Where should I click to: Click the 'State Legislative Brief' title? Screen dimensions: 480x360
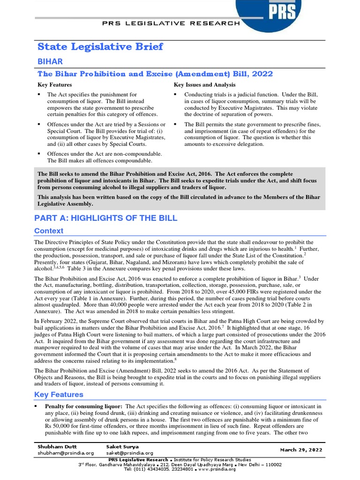click(x=100, y=46)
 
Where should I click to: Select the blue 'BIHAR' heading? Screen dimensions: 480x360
click(x=50, y=61)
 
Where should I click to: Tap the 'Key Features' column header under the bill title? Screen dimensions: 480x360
click(x=55, y=85)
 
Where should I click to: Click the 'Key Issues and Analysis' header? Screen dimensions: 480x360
click(x=204, y=85)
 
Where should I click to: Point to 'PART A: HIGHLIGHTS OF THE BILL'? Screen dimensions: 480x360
click(x=106, y=218)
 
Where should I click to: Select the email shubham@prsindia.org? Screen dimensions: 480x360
click(x=66, y=453)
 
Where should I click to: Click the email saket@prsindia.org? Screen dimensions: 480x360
click(x=130, y=453)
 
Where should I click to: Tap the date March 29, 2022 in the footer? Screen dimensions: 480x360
click(x=301, y=450)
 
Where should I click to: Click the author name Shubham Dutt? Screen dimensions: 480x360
click(x=58, y=447)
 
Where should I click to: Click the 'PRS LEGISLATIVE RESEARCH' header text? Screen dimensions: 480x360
click(x=172, y=23)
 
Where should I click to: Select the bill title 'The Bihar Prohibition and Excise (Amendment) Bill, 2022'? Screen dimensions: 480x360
click(x=155, y=74)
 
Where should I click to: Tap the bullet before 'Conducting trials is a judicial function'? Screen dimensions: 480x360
click(x=175, y=95)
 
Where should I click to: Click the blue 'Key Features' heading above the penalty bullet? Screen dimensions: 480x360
click(x=59, y=395)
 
